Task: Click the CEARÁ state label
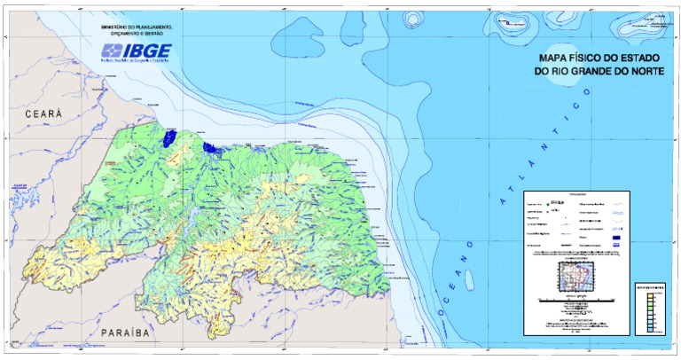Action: pos(44,115)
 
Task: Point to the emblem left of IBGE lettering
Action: pos(112,51)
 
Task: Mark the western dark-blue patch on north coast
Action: pos(168,138)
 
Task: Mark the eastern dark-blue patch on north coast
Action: pos(210,147)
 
